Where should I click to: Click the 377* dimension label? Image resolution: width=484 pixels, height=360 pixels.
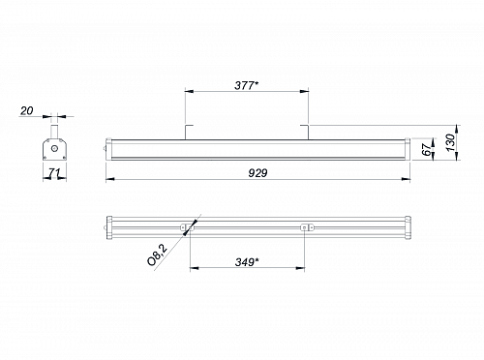click(x=247, y=85)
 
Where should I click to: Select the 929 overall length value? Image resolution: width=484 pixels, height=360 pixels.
click(x=257, y=173)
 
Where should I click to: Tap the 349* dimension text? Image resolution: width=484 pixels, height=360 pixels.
click(x=247, y=262)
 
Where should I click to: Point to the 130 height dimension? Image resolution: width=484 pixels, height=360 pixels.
click(x=451, y=142)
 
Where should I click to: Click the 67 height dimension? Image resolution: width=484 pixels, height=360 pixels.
click(x=427, y=150)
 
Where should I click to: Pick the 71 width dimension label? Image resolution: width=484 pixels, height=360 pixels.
click(x=54, y=173)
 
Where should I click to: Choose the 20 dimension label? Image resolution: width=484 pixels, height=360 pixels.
click(x=27, y=111)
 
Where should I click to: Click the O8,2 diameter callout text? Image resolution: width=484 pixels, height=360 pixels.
click(x=157, y=255)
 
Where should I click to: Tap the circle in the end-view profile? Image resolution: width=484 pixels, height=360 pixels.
click(x=54, y=149)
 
